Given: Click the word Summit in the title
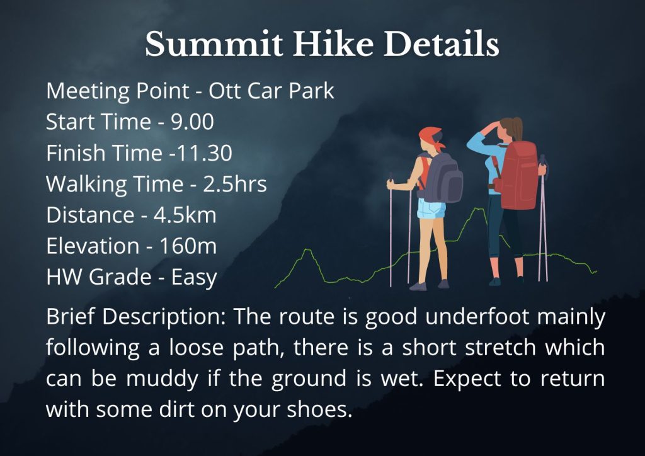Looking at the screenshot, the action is pyautogui.click(x=214, y=43).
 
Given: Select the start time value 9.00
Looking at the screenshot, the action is pyautogui.click(x=192, y=122).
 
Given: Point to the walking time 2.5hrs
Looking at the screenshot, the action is pyautogui.click(x=235, y=184).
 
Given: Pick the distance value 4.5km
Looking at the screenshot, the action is pyautogui.click(x=185, y=215).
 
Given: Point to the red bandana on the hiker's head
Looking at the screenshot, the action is pyautogui.click(x=430, y=137).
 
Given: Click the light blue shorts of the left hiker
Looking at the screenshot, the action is pyautogui.click(x=431, y=208).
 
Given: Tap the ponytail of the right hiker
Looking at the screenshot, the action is pyautogui.click(x=517, y=128).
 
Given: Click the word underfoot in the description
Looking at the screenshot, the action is pyautogui.click(x=477, y=317).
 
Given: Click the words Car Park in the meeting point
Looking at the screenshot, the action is pyautogui.click(x=290, y=91).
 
